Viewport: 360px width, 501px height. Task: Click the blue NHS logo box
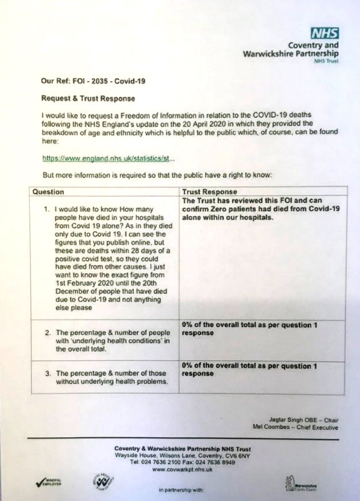324,33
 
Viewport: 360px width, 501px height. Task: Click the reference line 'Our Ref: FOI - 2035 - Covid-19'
93,82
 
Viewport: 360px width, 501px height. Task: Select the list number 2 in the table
47,333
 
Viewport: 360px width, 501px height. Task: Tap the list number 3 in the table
47,373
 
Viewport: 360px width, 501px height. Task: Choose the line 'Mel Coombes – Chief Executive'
295,427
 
